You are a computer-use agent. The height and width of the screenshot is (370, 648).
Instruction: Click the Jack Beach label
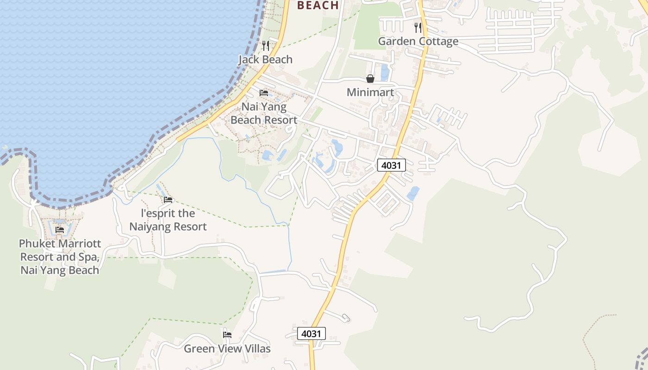(265, 60)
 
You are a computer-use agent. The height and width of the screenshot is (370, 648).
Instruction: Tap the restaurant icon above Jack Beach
(265, 45)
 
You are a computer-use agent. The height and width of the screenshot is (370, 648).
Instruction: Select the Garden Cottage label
(418, 41)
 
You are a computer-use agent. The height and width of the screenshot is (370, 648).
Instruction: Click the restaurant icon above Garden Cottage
(418, 27)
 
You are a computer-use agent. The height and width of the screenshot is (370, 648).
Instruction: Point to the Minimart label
(370, 92)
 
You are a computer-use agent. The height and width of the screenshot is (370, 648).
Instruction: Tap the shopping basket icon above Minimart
(370, 79)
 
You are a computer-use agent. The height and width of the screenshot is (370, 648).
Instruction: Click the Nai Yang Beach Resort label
(264, 113)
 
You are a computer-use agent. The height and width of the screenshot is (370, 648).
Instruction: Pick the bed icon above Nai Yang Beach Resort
(264, 93)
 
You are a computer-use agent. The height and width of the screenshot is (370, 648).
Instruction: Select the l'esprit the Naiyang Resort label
(168, 220)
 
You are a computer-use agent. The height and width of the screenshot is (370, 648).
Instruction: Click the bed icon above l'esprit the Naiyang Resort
(168, 200)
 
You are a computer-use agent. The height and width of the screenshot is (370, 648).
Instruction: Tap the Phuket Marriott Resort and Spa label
(60, 257)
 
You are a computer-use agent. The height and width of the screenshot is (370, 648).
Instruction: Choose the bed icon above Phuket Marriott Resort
(60, 230)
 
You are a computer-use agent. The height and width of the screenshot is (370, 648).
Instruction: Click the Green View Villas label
(227, 348)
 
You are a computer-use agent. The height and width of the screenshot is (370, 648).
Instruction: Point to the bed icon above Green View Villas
(227, 334)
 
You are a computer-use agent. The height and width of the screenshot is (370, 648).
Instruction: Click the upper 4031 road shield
(392, 165)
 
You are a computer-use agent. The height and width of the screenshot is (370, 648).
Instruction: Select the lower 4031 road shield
(311, 333)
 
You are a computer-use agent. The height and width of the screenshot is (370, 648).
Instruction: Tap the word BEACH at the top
(318, 6)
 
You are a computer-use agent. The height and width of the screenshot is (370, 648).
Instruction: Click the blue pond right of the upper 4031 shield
(413, 193)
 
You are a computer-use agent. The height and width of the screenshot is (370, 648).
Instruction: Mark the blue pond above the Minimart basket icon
(384, 73)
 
